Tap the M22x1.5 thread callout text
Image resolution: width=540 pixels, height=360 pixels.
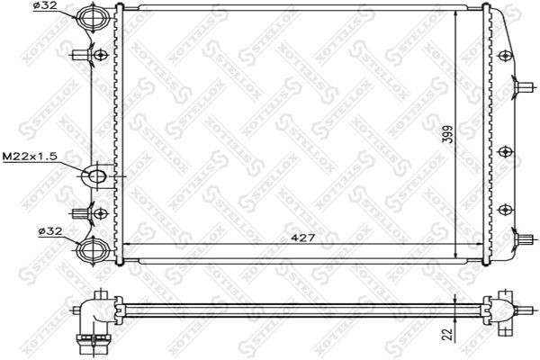pos(30,156)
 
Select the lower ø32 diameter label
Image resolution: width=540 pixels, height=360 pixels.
pos(49,230)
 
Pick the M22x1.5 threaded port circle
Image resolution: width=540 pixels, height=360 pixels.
pos(96,175)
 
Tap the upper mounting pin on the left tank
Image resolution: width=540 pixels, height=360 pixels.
pos(85,55)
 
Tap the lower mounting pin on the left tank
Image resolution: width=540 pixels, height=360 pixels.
pos(85,213)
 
